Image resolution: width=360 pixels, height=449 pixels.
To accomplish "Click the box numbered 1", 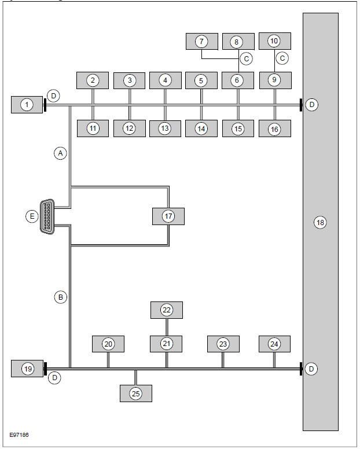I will pyautogui.click(x=27, y=105).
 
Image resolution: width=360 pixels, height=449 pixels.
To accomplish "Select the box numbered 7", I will pyautogui.click(x=201, y=41).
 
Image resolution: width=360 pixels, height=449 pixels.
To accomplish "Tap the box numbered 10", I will pyautogui.click(x=274, y=41).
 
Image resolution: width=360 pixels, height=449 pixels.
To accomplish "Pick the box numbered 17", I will pyautogui.click(x=168, y=216).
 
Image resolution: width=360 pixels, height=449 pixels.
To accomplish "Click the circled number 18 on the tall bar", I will pyautogui.click(x=320, y=222).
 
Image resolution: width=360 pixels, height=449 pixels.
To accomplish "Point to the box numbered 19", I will pyautogui.click(x=27, y=368).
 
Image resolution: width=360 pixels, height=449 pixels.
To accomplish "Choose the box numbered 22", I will pyautogui.click(x=167, y=310).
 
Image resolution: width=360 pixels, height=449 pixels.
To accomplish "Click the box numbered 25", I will pyautogui.click(x=136, y=393).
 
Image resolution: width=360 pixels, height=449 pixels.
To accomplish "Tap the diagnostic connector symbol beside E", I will pyautogui.click(x=47, y=216).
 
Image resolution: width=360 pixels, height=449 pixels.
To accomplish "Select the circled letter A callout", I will pyautogui.click(x=60, y=153).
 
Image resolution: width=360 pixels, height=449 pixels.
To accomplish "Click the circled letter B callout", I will pyautogui.click(x=60, y=297).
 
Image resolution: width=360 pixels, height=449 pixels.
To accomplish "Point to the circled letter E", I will pyautogui.click(x=32, y=216).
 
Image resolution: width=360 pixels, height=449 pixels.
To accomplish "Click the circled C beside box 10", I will pyautogui.click(x=283, y=58).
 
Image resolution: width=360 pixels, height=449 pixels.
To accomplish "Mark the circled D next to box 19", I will pyautogui.click(x=55, y=378).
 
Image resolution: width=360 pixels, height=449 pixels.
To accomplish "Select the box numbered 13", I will pyautogui.click(x=165, y=128).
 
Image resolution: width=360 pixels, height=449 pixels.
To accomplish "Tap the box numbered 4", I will pyautogui.click(x=165, y=80).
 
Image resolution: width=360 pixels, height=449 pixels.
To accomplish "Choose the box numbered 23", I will pyautogui.click(x=223, y=344).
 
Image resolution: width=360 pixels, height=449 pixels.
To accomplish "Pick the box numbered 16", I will pyautogui.click(x=274, y=128).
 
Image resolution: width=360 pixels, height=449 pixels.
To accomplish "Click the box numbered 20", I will pyautogui.click(x=108, y=344).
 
